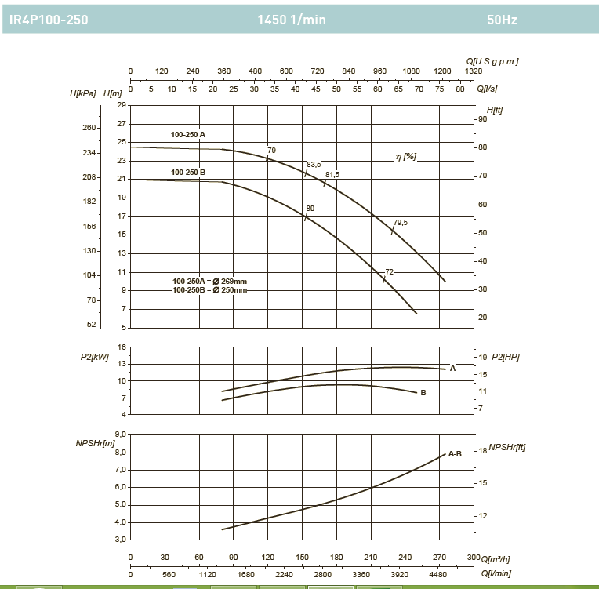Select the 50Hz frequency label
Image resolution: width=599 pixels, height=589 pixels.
coord(502,20)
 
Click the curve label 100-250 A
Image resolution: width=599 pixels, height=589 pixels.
coord(188,135)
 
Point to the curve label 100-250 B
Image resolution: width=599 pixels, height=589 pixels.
coord(188,171)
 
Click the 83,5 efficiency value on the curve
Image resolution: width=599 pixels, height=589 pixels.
coord(314,164)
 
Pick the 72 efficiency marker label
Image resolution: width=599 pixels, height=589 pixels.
coord(389,271)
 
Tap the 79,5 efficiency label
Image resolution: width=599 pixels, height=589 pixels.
coord(400,223)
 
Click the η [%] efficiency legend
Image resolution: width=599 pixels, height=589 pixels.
coord(406,157)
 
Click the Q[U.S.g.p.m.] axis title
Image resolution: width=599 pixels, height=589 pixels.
coord(492,60)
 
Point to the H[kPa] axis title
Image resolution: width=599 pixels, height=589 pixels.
coord(83,93)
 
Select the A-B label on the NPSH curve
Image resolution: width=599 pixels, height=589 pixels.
coord(455,453)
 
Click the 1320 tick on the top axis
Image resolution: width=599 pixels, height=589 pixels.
coord(474,71)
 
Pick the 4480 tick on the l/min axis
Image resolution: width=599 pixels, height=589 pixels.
coord(441,573)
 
